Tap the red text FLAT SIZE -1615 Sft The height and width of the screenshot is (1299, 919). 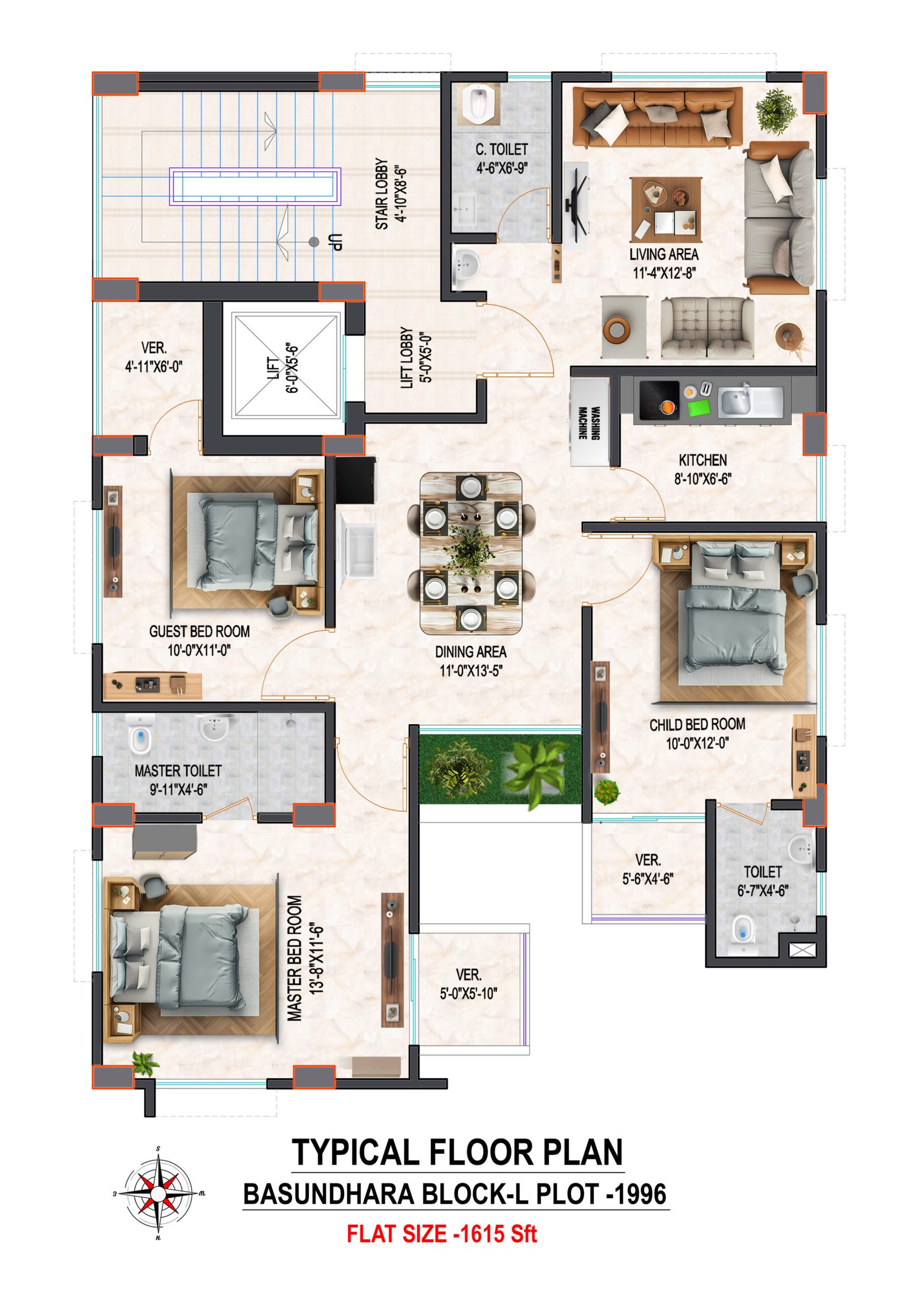441,1234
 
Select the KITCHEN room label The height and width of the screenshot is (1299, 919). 702,460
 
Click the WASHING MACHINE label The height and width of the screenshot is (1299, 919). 589,423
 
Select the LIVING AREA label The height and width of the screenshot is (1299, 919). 664,254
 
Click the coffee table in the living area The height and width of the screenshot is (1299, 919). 666,209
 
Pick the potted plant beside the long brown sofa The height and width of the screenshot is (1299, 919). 775,111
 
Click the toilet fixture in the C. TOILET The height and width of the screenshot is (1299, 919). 477,104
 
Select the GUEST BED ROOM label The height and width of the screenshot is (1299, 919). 199,632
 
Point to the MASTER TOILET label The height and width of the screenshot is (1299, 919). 178,771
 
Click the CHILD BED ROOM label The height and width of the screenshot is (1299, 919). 697,725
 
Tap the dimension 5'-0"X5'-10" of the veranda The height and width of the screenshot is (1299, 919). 468,993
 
